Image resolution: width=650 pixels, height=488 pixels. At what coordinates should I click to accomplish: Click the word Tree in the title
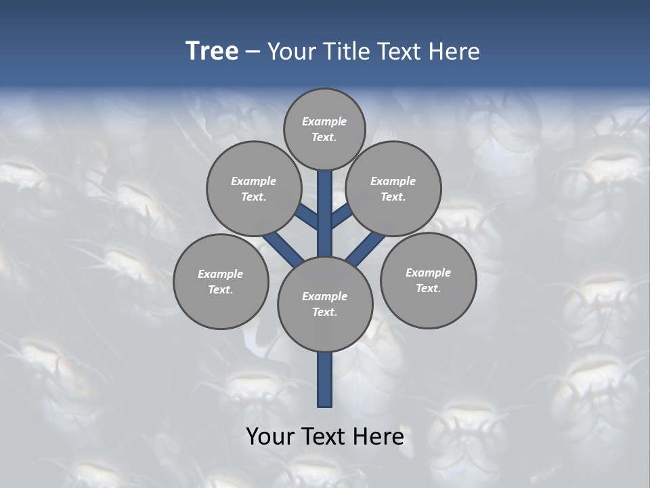212,52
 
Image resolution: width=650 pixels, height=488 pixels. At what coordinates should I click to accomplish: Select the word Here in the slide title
454,52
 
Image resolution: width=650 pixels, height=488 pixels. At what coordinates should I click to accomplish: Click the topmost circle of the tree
324,129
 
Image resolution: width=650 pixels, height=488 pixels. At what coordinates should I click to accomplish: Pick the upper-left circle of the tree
254,188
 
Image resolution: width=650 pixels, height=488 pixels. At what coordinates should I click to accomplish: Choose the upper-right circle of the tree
393,188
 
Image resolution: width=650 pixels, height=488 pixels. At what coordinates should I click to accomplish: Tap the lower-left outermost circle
221,281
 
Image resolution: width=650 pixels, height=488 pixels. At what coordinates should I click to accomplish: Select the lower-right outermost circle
429,280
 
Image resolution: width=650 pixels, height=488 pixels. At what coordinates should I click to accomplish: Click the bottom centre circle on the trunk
325,304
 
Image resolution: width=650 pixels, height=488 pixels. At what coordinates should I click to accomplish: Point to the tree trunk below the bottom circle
325,380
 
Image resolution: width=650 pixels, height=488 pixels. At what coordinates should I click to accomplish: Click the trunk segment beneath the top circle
325,203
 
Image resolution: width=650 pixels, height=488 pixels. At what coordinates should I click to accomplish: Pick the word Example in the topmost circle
324,122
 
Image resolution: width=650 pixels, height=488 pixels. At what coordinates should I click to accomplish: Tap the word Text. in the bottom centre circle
325,312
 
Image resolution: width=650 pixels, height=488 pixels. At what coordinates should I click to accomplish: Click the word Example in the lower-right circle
428,272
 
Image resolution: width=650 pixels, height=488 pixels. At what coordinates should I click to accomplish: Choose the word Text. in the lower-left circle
221,290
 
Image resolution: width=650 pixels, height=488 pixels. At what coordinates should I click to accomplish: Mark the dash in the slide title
253,52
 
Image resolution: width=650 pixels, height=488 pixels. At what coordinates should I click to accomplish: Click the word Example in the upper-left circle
254,181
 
